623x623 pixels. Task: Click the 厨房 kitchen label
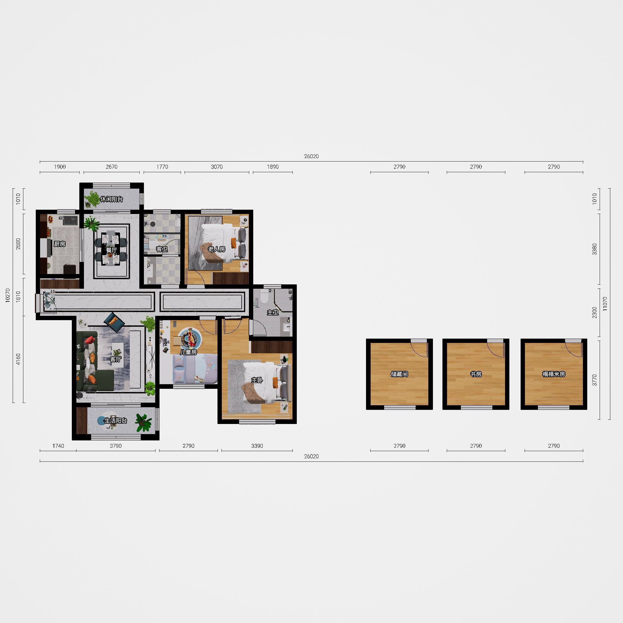(60, 244)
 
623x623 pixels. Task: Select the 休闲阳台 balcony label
(112, 199)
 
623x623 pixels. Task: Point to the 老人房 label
(216, 249)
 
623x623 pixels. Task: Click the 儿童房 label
(188, 352)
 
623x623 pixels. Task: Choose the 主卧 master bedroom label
(257, 380)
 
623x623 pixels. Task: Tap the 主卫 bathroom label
(273, 312)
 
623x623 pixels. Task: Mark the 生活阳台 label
(116, 421)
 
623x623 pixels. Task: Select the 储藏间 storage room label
(399, 374)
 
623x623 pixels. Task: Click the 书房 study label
(476, 374)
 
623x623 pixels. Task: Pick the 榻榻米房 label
(554, 374)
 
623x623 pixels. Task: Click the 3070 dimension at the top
(217, 167)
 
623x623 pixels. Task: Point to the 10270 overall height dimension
(8, 295)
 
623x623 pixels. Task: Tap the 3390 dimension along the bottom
(257, 446)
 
